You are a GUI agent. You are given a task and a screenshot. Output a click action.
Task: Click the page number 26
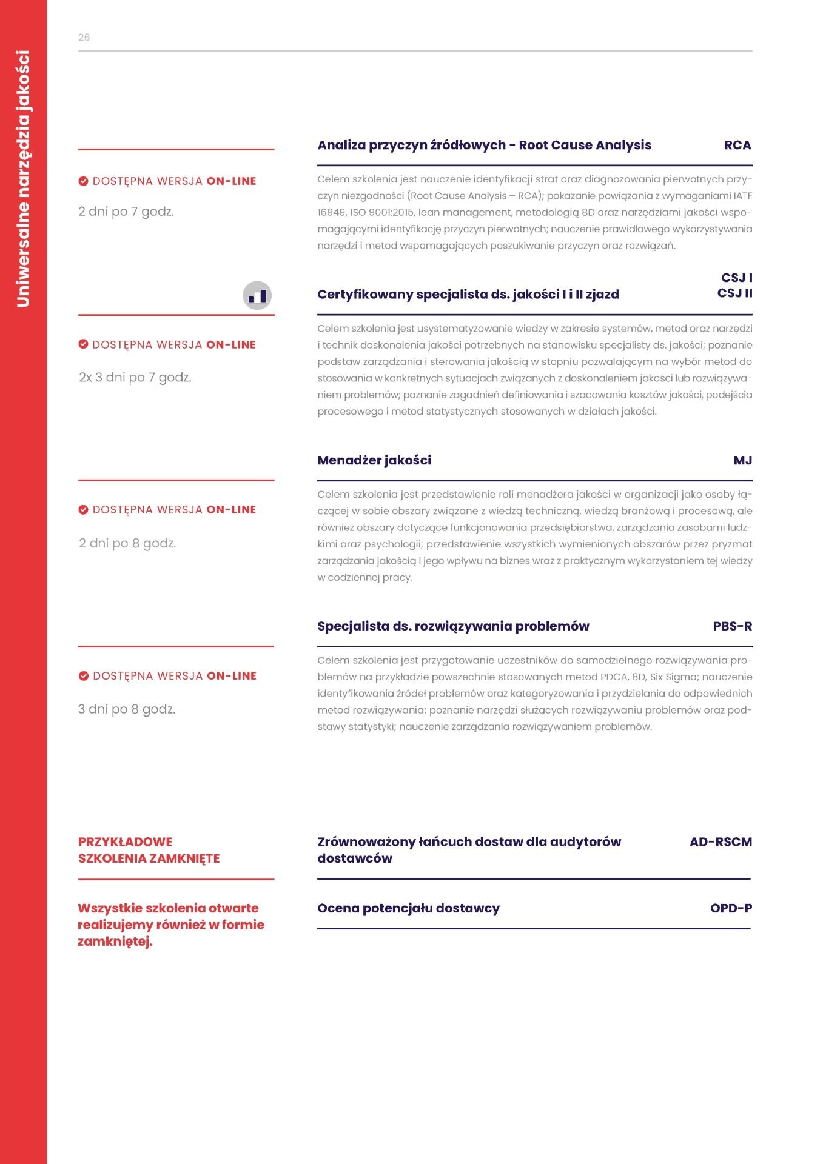coord(84,38)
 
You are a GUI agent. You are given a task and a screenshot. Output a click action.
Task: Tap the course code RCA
coord(737,145)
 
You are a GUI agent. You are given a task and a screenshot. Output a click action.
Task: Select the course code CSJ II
coord(734,293)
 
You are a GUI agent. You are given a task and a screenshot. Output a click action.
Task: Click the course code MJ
coord(742,461)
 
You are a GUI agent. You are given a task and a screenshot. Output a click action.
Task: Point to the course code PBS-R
coord(732,626)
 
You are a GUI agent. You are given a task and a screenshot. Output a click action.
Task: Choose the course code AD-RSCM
coord(721,842)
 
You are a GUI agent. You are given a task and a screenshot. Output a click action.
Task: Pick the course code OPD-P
coord(731,908)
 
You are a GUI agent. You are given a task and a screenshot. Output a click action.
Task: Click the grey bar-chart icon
coord(257,296)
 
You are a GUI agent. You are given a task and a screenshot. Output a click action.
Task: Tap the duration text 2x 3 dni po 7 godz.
coord(135,378)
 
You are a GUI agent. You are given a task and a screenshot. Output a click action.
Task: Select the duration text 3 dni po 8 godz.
coord(127,709)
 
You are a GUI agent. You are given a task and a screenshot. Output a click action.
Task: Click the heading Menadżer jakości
coord(374,461)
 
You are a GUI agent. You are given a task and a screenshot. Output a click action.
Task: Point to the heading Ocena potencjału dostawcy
coord(408,908)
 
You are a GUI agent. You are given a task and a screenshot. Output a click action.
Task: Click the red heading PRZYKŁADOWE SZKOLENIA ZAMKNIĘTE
coord(149,850)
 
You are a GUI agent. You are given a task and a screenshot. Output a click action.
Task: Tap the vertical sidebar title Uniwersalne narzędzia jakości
coord(23,179)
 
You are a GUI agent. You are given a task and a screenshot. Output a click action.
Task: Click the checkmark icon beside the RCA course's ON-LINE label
coord(84,181)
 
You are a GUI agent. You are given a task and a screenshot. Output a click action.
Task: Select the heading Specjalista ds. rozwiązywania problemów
coord(453,626)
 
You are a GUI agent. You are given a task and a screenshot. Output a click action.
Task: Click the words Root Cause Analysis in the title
coord(585,145)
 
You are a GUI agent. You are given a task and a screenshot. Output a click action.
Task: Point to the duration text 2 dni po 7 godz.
coord(126,212)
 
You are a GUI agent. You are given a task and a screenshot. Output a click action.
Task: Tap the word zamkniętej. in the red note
coord(115,942)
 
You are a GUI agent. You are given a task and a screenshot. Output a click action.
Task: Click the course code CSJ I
coord(736,278)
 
